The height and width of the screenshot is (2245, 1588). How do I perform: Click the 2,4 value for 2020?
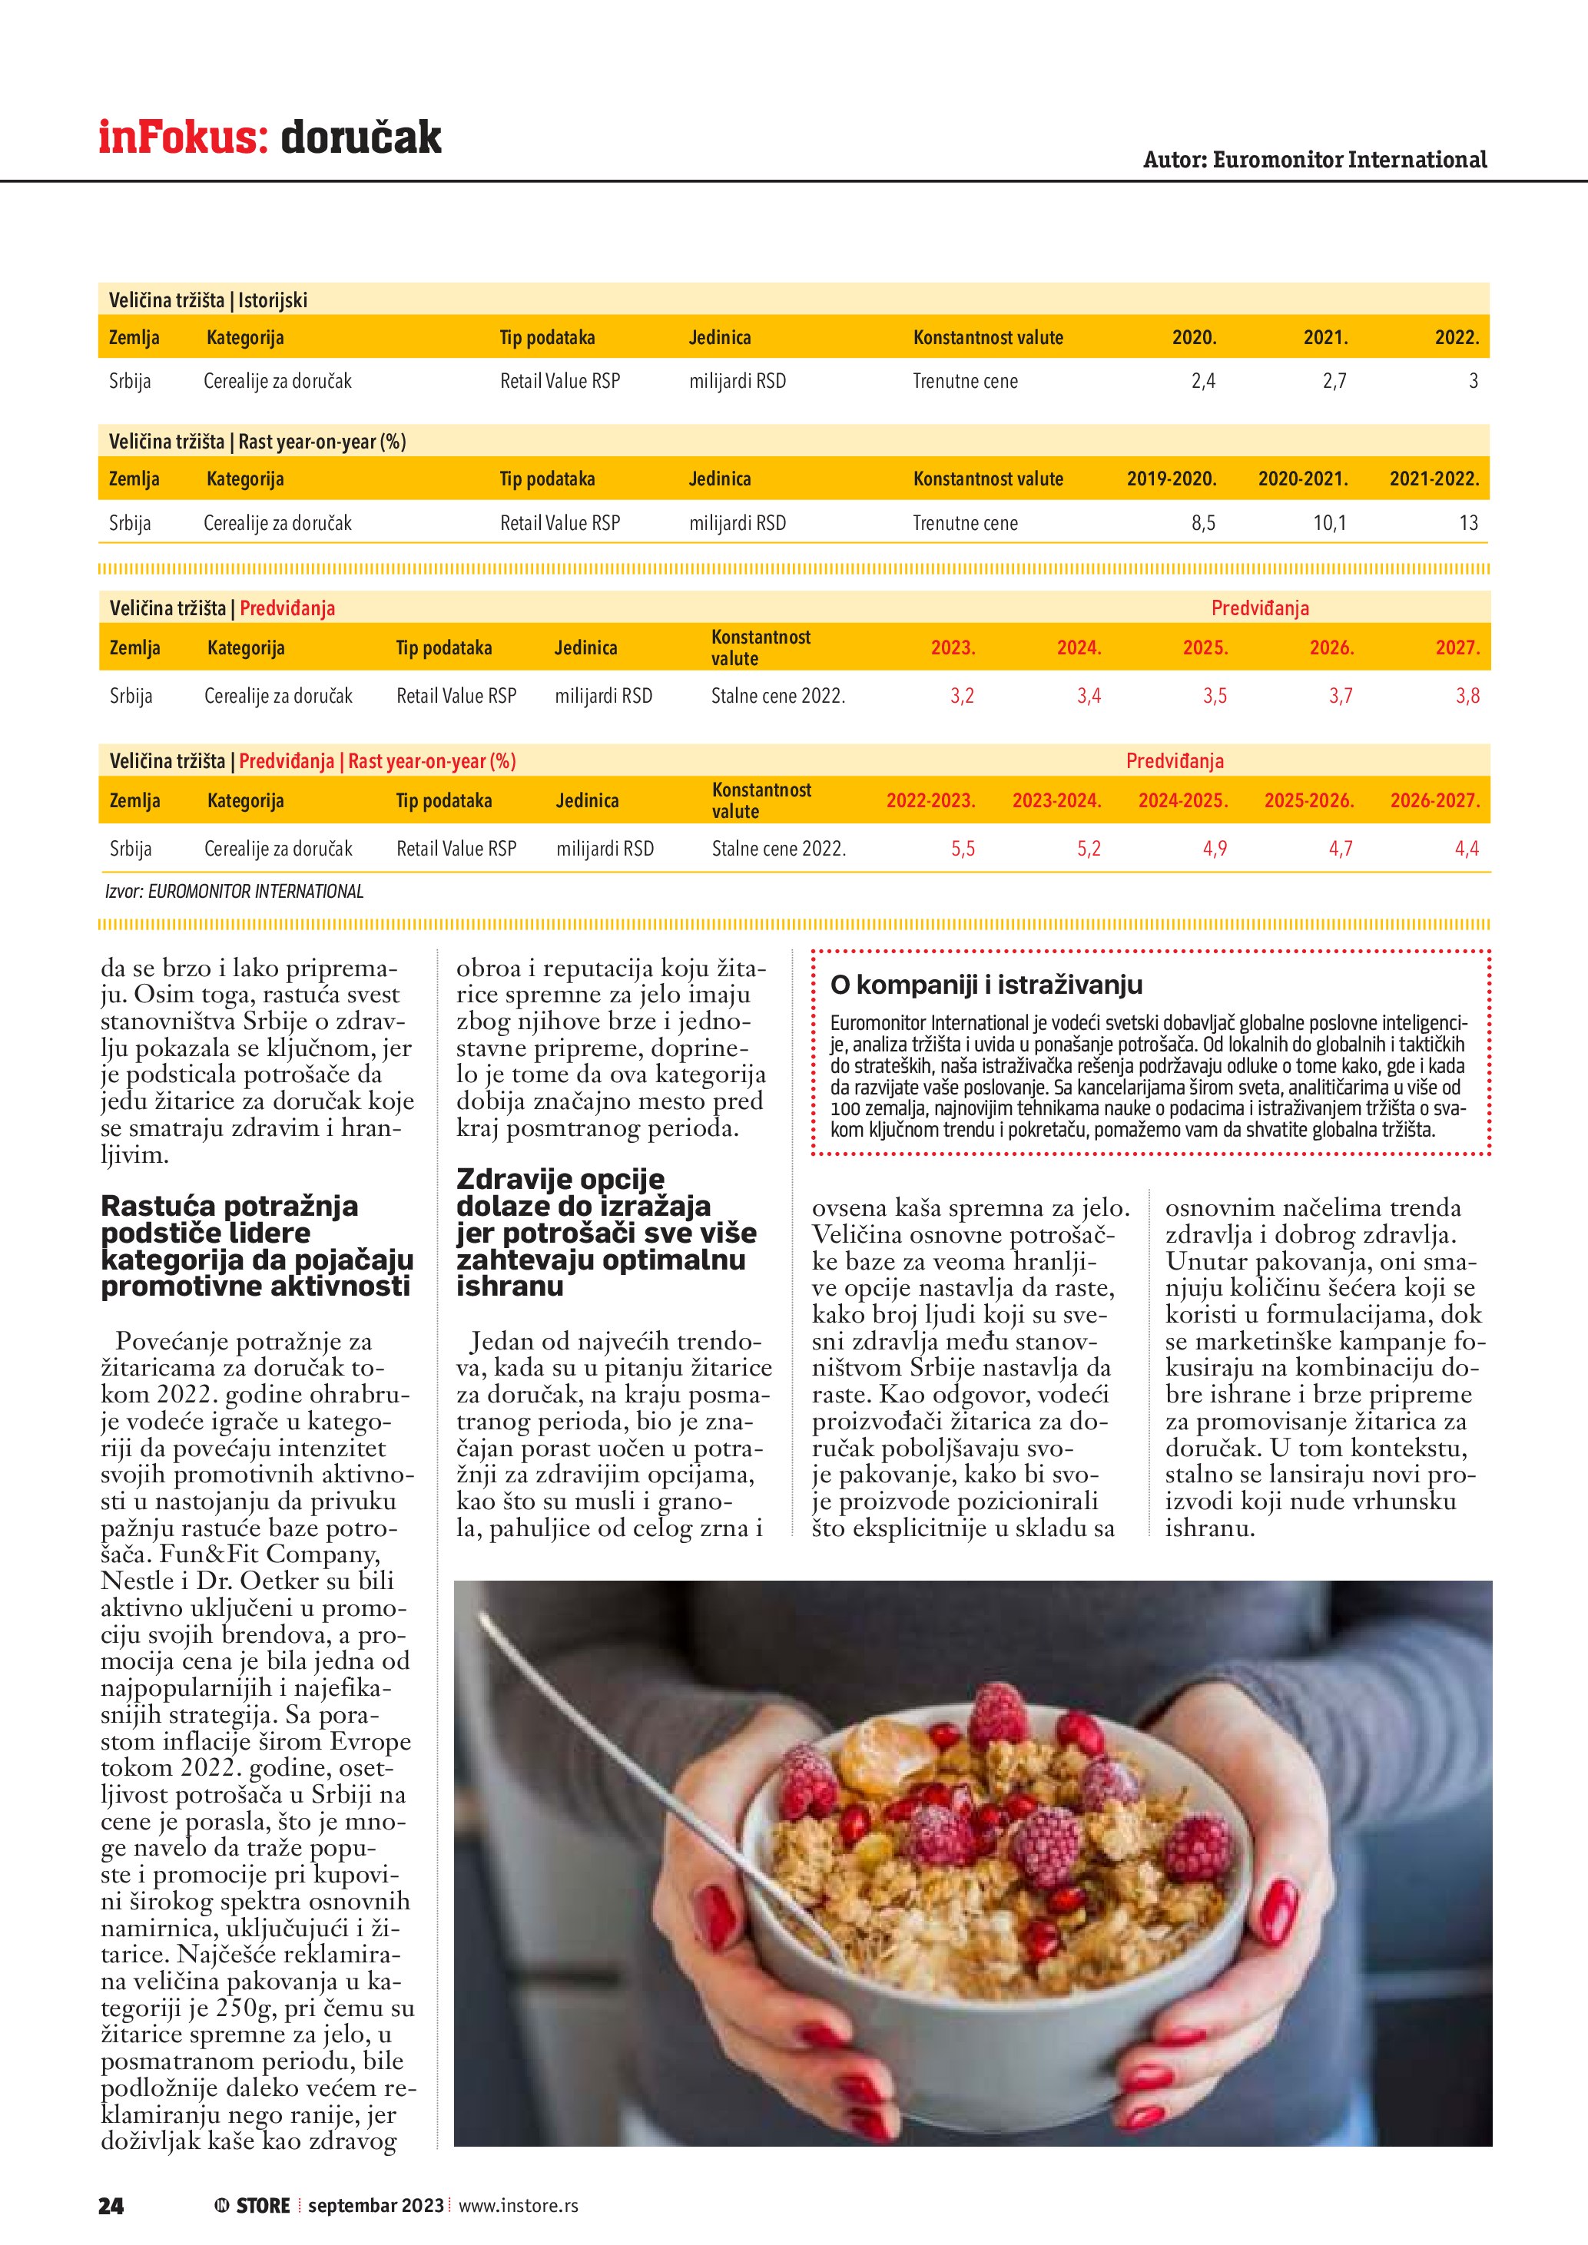click(x=1203, y=382)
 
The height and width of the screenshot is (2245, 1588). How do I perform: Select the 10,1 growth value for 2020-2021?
click(x=1329, y=523)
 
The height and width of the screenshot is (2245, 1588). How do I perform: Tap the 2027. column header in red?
click(x=1457, y=647)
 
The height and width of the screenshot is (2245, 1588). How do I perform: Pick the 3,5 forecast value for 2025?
click(x=1215, y=696)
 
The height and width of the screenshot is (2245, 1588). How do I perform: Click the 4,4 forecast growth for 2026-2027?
click(x=1467, y=849)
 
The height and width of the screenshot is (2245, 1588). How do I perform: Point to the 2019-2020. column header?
click(x=1172, y=479)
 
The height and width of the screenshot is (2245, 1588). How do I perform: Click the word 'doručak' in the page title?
click(x=361, y=138)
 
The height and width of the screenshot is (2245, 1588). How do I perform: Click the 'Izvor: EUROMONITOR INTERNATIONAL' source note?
click(x=234, y=892)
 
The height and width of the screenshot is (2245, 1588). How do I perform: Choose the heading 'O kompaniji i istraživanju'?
click(x=986, y=985)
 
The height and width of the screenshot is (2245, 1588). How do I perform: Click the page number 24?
click(x=111, y=2205)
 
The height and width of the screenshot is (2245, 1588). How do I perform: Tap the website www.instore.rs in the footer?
click(x=519, y=2205)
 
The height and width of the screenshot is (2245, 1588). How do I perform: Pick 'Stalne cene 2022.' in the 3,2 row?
click(x=777, y=696)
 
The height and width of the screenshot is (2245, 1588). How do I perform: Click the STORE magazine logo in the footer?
click(x=254, y=2205)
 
